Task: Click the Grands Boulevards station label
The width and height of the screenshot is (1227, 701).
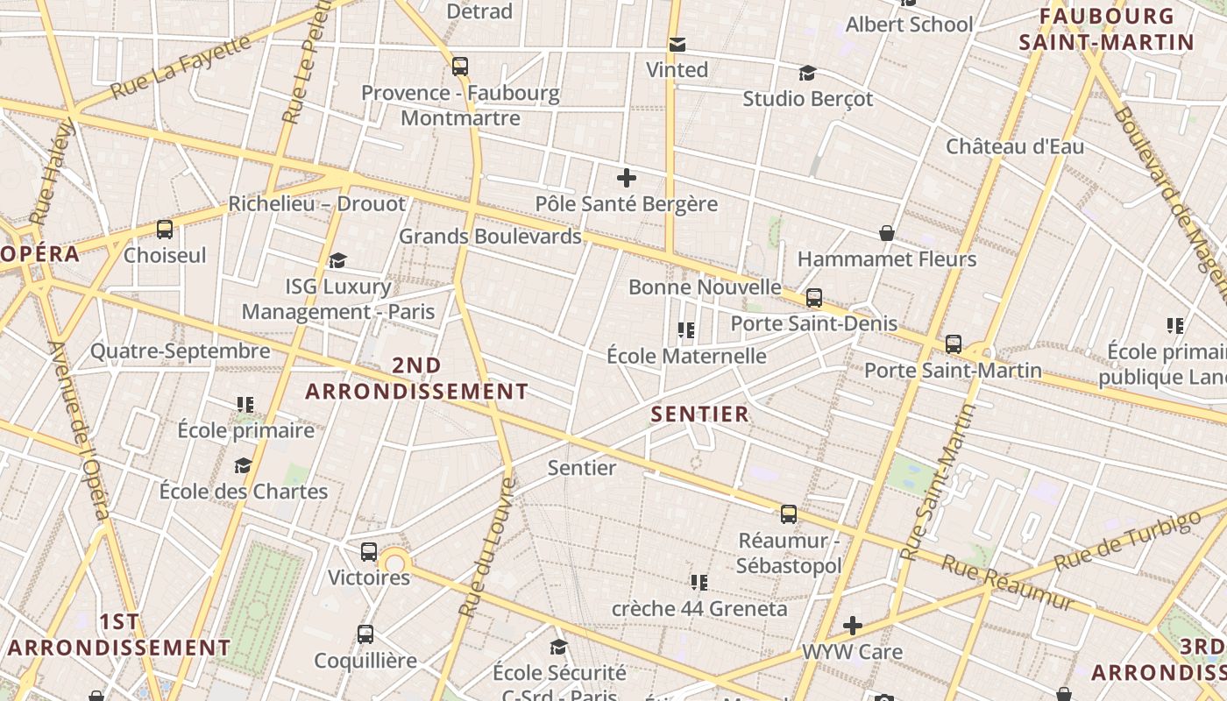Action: pyautogui.click(x=490, y=236)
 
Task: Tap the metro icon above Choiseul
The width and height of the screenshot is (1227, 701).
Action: pyautogui.click(x=165, y=230)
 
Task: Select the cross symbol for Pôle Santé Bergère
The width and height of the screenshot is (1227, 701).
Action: pyautogui.click(x=627, y=179)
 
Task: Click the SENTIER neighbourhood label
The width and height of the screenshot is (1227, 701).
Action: pyautogui.click(x=700, y=414)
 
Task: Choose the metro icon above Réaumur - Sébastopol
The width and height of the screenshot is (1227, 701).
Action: pyautogui.click(x=789, y=514)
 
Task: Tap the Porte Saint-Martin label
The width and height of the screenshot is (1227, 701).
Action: pyautogui.click(x=953, y=370)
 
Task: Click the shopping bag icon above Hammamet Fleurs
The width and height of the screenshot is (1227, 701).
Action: pyautogui.click(x=887, y=233)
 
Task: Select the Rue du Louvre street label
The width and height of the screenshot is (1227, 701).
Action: pyautogui.click(x=484, y=549)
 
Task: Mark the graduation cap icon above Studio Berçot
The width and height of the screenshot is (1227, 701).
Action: pyautogui.click(x=807, y=73)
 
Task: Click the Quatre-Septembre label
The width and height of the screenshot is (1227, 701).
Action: pyautogui.click(x=181, y=351)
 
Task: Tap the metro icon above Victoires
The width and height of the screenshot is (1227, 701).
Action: pyautogui.click(x=369, y=552)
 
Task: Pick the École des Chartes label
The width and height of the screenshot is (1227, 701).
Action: pyautogui.click(x=244, y=491)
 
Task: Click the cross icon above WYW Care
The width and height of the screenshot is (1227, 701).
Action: pyautogui.click(x=853, y=626)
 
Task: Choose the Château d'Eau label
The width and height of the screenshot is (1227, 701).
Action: pyautogui.click(x=1015, y=146)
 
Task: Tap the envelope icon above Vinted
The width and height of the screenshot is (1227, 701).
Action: pyautogui.click(x=677, y=45)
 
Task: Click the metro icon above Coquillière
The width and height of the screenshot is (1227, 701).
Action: pyautogui.click(x=365, y=634)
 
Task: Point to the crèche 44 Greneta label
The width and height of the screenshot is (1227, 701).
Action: pyautogui.click(x=699, y=608)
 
